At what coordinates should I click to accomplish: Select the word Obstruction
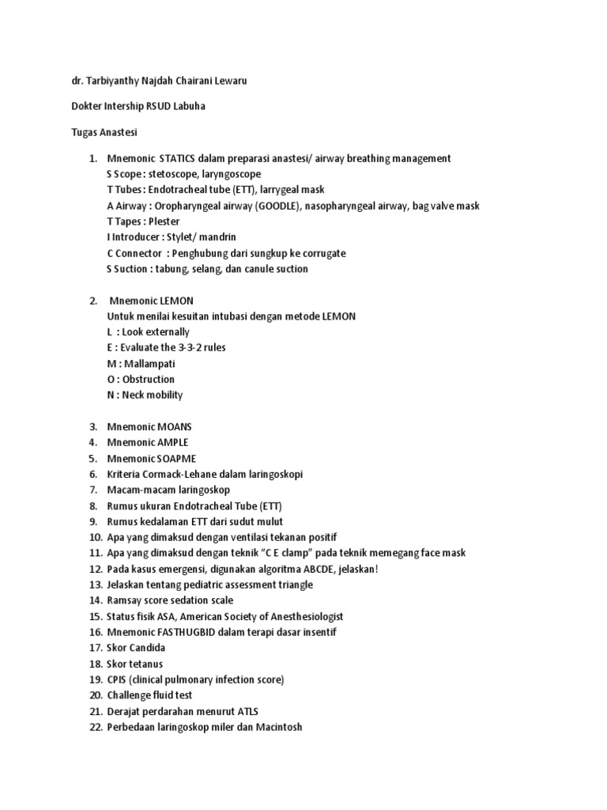(149, 380)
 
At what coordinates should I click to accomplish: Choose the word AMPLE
(173, 442)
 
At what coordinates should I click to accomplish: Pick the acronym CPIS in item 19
(117, 679)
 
